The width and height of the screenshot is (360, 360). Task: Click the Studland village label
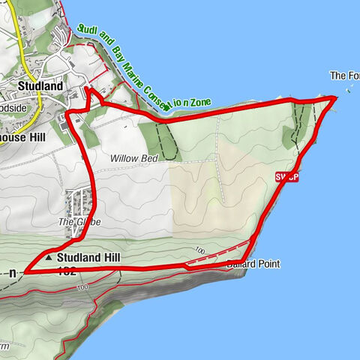[40, 86]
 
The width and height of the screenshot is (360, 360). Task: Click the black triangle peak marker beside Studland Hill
[49, 256]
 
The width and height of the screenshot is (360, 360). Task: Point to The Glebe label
[79, 222]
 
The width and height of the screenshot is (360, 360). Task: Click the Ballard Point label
[253, 265]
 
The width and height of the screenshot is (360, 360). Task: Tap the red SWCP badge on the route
[286, 177]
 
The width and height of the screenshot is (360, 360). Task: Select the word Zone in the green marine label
[200, 103]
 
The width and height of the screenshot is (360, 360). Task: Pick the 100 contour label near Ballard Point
[199, 250]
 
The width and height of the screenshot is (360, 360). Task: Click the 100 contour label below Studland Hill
[82, 286]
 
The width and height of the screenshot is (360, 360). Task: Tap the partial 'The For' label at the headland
[344, 76]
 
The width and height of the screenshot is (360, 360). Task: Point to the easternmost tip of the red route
[335, 97]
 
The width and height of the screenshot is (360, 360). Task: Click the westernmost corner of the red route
[25, 270]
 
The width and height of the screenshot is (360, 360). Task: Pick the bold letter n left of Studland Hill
[13, 274]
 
